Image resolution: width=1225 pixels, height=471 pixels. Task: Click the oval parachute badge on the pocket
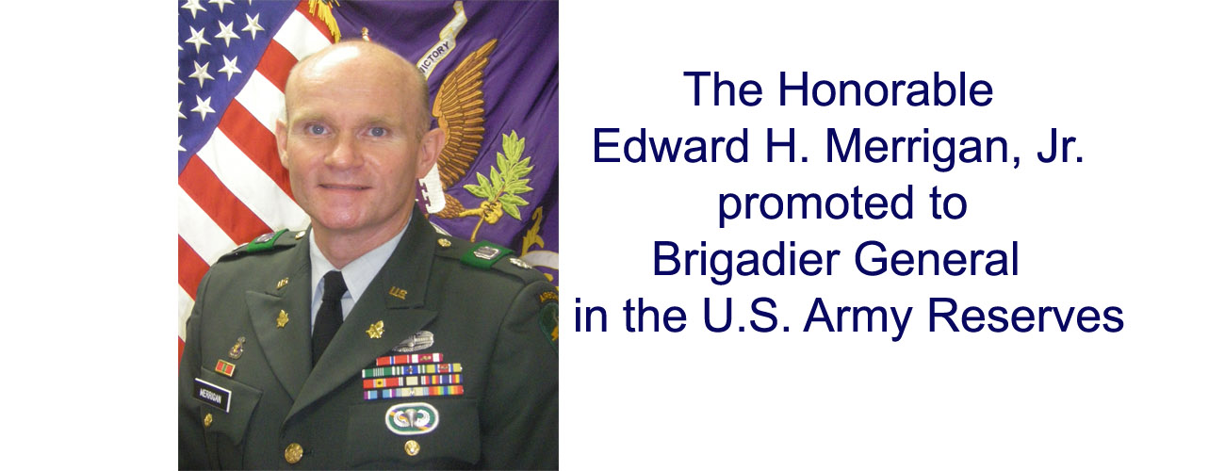point(412,417)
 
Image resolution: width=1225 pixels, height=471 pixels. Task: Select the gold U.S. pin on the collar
point(398,293)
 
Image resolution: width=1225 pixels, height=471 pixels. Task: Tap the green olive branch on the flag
point(499,179)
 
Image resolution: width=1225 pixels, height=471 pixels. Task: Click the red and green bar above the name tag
point(224,367)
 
